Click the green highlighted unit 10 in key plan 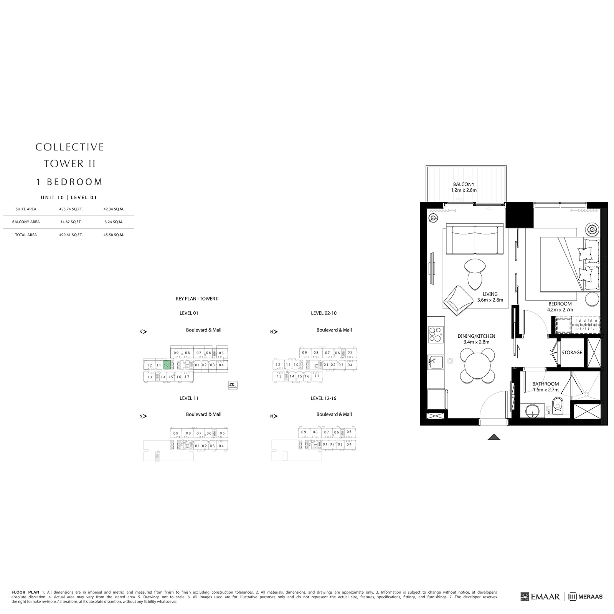[166, 365]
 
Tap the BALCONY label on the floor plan [464, 184]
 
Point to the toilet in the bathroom [558, 405]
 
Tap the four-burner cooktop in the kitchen [436, 334]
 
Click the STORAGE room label [571, 352]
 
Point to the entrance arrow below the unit [494, 437]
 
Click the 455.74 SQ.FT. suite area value [71, 209]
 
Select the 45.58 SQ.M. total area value [114, 234]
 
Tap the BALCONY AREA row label [26, 222]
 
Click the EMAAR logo [540, 596]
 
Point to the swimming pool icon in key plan [233, 385]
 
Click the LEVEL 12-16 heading [323, 398]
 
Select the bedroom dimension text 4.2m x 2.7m [560, 309]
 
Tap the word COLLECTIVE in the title [69, 147]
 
